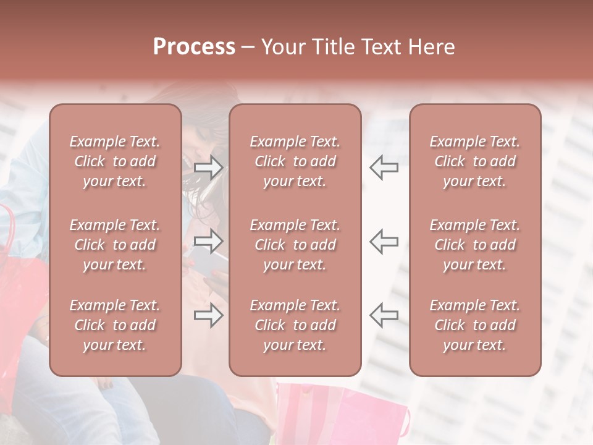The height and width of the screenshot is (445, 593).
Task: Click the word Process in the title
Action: click(x=194, y=46)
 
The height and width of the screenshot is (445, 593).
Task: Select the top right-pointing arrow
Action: click(x=209, y=167)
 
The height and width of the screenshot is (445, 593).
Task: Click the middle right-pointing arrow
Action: click(x=209, y=242)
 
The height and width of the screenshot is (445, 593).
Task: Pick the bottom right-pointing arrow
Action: click(x=209, y=316)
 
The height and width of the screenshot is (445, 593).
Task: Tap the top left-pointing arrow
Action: click(x=384, y=167)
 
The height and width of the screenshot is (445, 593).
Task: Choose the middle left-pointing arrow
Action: click(x=384, y=242)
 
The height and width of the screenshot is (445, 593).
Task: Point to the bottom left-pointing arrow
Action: click(x=384, y=316)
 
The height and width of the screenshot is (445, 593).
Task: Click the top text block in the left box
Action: click(x=115, y=161)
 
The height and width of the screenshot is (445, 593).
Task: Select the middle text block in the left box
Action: click(x=115, y=245)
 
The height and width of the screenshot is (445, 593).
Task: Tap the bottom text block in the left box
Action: click(x=115, y=325)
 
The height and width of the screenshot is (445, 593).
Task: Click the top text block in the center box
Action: click(x=295, y=161)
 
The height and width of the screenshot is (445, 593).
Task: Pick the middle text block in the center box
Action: click(x=295, y=245)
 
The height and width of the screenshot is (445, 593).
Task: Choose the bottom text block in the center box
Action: click(x=295, y=325)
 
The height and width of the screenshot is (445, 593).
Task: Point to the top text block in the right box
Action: click(x=474, y=161)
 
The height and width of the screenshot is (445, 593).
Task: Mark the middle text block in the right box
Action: click(x=474, y=245)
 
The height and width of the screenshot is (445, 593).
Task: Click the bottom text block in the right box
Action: click(x=474, y=325)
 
